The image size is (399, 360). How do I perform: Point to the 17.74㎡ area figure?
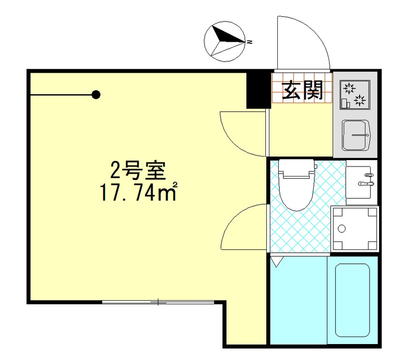tap(139, 192)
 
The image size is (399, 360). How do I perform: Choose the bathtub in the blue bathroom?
tap(352, 300)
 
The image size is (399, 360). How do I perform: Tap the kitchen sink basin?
tap(356, 135)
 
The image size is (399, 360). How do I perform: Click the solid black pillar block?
tap(258, 90)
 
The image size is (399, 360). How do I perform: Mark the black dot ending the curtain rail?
tap(96, 94)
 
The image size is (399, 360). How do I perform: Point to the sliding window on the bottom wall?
tap(158, 302)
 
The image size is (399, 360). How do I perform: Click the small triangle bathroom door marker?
tap(276, 260)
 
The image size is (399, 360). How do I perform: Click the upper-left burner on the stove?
tap(349, 89)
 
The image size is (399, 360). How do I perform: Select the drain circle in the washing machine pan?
tap(342, 229)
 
